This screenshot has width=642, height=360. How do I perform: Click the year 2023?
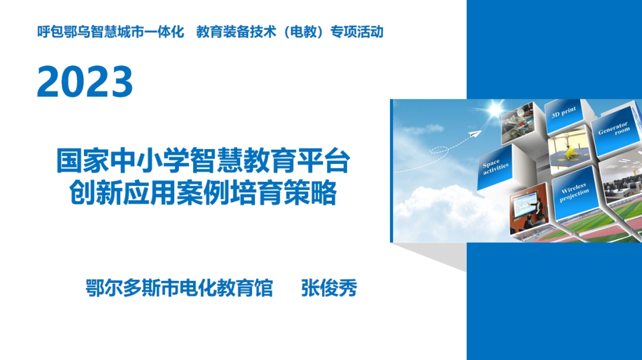pos(85,81)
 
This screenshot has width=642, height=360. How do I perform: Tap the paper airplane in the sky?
pos(474,134)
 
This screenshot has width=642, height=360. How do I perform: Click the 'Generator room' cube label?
pos(613,128)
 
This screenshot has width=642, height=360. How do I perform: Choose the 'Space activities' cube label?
pos(495,166)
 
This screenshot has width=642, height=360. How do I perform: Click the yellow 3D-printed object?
pos(569,153)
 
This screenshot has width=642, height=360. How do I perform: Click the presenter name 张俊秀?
pos(329,288)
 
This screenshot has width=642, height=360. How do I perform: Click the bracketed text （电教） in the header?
pos(303,32)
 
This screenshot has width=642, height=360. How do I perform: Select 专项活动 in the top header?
pos(357,32)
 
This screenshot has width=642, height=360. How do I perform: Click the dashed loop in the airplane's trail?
pos(439,150)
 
